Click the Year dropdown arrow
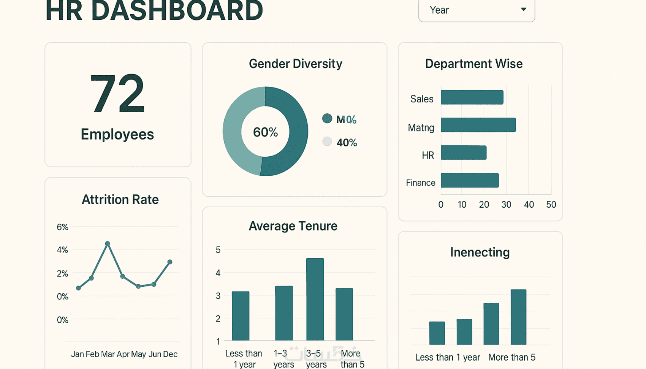tap(523, 9)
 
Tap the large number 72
tap(117, 94)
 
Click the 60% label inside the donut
tap(265, 132)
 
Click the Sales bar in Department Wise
tap(472, 97)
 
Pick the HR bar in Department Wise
tap(464, 153)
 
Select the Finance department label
tap(420, 183)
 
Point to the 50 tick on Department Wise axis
tap(551, 205)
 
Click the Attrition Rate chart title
tap(120, 200)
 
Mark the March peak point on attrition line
tap(108, 243)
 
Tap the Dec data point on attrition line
tap(170, 262)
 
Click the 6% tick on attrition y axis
tap(62, 227)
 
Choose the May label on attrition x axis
tap(138, 354)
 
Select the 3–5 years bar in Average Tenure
tap(315, 299)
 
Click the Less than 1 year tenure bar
tap(241, 316)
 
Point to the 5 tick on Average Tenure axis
tap(218, 250)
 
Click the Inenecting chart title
tap(480, 252)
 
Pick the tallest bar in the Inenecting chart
tap(518, 317)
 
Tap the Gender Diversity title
tap(295, 64)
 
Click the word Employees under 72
tap(117, 134)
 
